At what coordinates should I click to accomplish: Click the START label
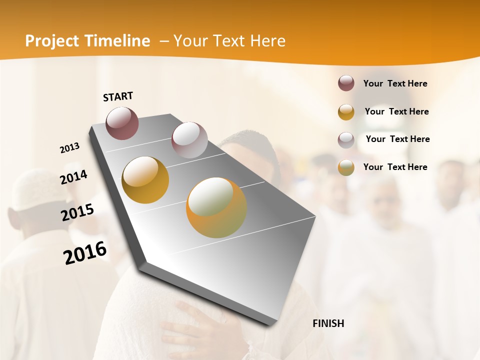(x=118, y=96)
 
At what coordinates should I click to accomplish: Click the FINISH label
(x=328, y=323)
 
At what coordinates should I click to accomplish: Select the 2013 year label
(x=69, y=148)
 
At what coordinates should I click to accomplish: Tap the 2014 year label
(x=73, y=177)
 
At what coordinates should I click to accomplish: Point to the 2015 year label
(x=77, y=212)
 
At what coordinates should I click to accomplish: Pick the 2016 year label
(x=85, y=252)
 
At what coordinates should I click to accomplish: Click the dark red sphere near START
(x=122, y=123)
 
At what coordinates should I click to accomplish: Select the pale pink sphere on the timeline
(x=189, y=139)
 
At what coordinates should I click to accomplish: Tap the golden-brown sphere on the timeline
(x=145, y=180)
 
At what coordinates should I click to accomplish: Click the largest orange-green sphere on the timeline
(x=216, y=207)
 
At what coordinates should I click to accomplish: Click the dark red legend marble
(x=346, y=83)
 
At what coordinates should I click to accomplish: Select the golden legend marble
(x=346, y=112)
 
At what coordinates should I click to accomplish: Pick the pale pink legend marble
(x=346, y=140)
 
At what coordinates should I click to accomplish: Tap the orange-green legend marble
(x=346, y=167)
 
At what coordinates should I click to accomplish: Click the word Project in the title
(x=52, y=41)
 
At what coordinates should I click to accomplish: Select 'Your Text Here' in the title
(x=229, y=41)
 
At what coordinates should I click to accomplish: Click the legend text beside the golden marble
(x=396, y=111)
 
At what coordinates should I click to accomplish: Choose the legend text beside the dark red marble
(x=395, y=83)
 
